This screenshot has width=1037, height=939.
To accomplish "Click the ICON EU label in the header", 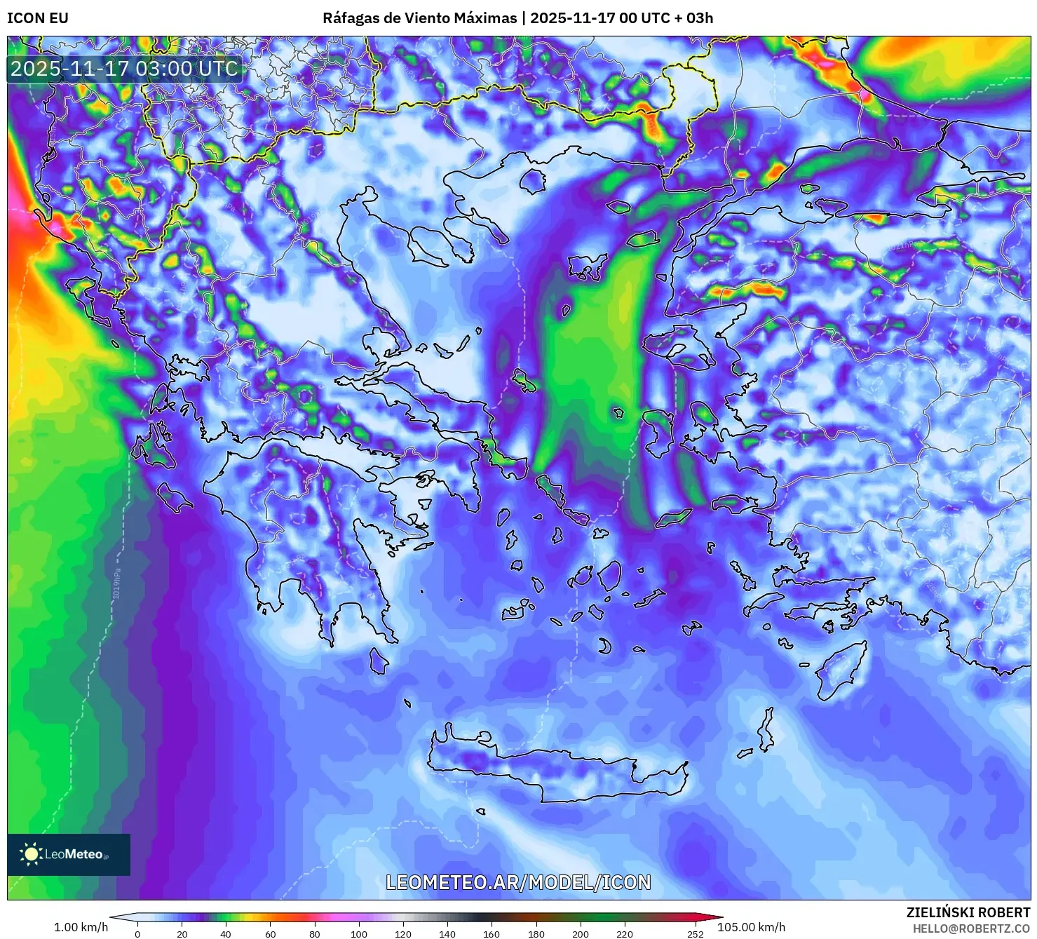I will click(38, 18).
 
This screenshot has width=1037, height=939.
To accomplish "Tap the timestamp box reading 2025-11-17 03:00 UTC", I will click(124, 69).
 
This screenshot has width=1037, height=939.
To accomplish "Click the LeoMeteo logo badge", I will click(69, 854).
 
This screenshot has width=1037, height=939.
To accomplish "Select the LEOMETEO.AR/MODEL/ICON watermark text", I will click(518, 882).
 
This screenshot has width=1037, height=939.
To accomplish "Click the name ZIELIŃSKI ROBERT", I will click(968, 912).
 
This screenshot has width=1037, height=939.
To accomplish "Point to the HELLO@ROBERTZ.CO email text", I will click(970, 928).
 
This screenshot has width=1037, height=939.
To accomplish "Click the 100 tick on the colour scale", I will click(358, 933).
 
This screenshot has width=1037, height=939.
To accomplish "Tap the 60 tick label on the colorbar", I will click(270, 933).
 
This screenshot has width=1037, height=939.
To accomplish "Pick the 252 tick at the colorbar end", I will click(695, 933).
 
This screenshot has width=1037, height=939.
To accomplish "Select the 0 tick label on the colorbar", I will click(137, 933).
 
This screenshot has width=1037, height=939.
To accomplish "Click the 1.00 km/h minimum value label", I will click(81, 927).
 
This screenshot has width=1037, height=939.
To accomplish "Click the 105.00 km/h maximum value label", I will click(751, 927).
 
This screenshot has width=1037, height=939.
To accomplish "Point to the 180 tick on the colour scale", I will click(536, 933).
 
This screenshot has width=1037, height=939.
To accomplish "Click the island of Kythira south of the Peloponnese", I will click(379, 661).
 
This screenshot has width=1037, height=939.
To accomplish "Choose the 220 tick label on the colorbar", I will click(624, 933).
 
